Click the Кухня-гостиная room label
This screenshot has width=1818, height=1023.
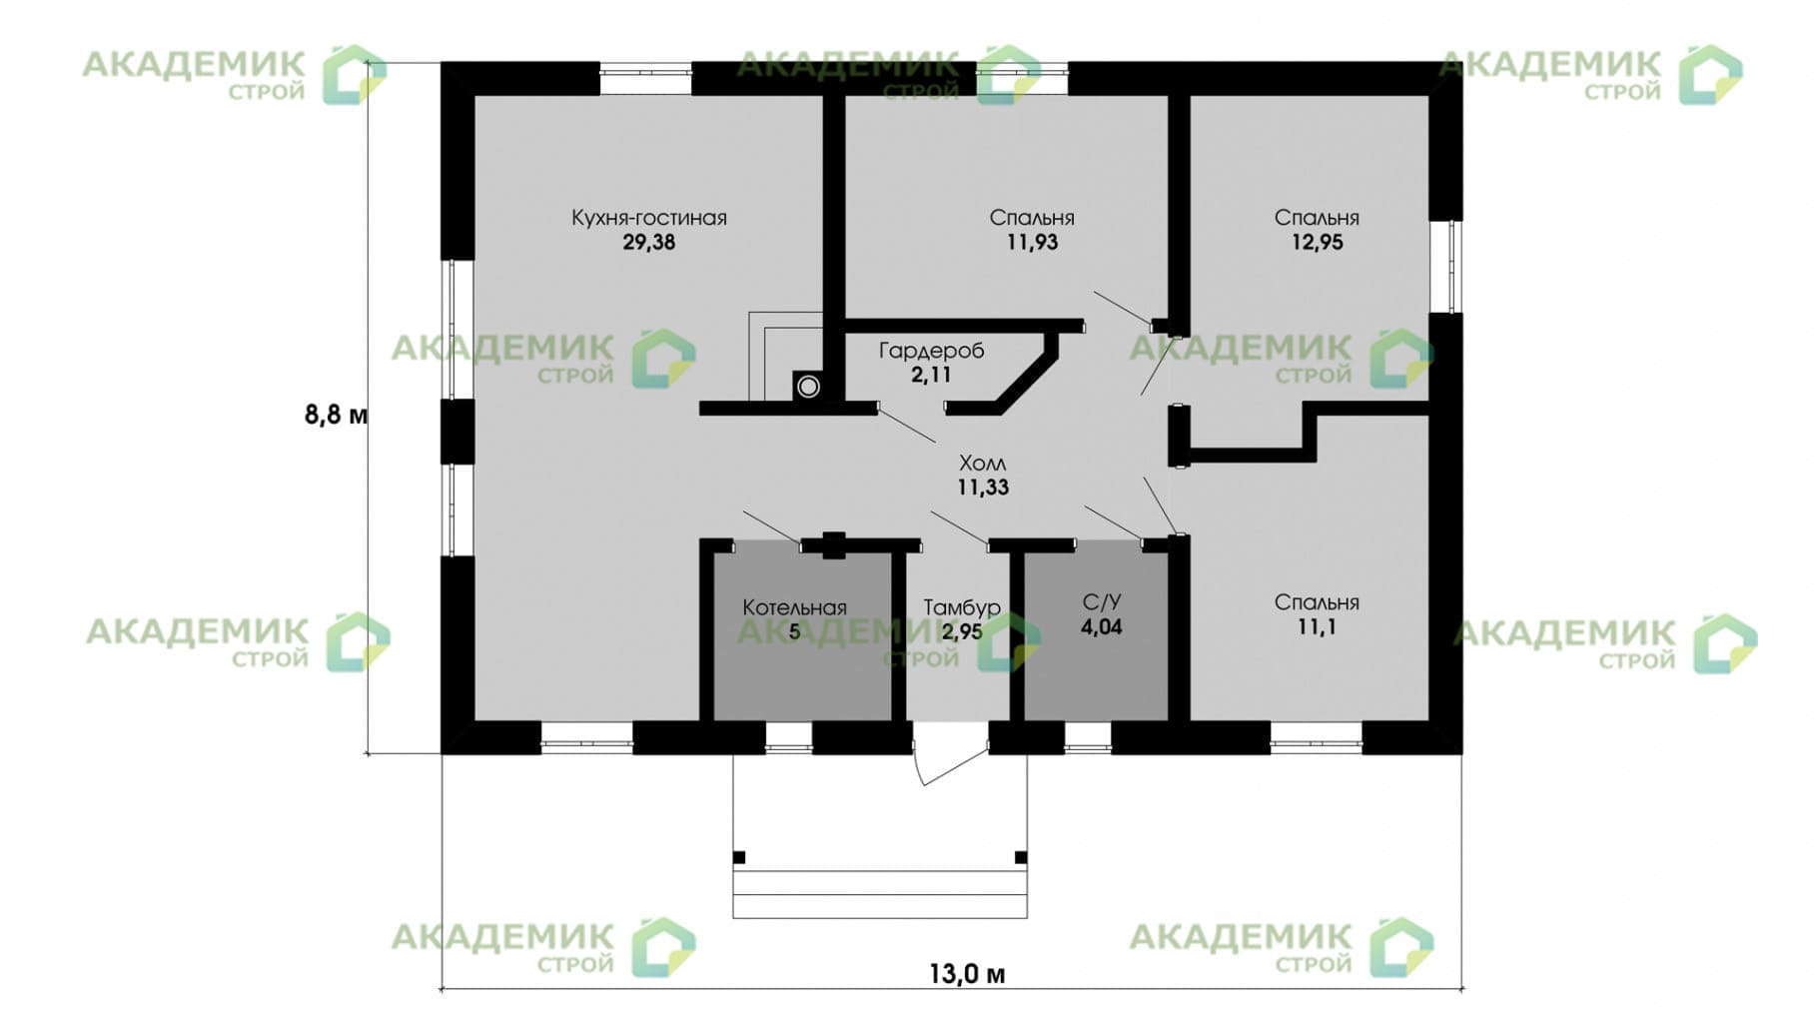click(x=648, y=218)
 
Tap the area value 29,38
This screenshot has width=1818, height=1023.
click(x=649, y=243)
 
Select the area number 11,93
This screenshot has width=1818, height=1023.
click(x=1032, y=243)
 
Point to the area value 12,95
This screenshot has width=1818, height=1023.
click(x=1317, y=243)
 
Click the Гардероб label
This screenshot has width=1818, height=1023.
click(x=931, y=351)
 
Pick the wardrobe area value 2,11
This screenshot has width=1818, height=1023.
click(x=931, y=376)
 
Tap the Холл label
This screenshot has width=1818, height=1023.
click(x=983, y=464)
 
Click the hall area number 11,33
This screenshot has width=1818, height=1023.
click(x=983, y=488)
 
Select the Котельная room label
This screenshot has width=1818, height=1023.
click(x=794, y=607)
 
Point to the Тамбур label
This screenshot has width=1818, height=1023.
click(x=962, y=607)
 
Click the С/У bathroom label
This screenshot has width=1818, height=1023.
click(x=1102, y=602)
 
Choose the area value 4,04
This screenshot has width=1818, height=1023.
click(x=1102, y=627)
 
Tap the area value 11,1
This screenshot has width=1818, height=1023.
click(x=1317, y=627)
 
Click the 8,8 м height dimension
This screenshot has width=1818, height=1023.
click(x=336, y=414)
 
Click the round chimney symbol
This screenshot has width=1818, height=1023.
click(x=808, y=386)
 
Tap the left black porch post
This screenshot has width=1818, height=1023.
click(x=739, y=857)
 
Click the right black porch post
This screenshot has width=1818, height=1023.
click(x=1021, y=857)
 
